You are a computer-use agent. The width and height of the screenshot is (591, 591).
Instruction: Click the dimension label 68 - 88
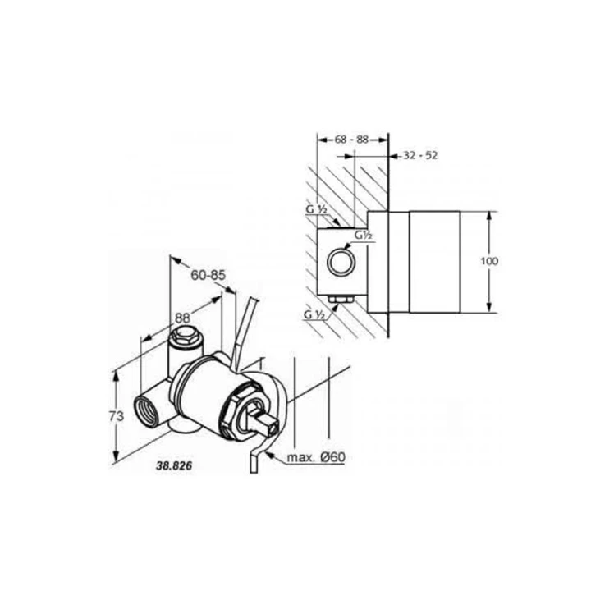(x=351, y=140)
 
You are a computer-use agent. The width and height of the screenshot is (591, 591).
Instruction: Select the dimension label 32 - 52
(x=420, y=155)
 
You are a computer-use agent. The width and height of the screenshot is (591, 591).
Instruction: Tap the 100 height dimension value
(x=489, y=261)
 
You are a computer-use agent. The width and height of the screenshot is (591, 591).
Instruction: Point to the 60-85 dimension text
(x=208, y=275)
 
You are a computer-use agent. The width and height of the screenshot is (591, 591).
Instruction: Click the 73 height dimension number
(x=117, y=416)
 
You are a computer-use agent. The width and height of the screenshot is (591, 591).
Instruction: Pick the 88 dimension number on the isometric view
(x=183, y=318)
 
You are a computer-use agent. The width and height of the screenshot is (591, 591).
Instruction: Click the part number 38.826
(x=174, y=466)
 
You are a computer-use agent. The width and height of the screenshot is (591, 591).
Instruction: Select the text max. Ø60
(x=316, y=457)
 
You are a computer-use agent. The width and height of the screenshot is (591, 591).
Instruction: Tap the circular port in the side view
(x=341, y=262)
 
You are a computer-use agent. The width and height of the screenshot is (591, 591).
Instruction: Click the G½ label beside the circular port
(x=364, y=236)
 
